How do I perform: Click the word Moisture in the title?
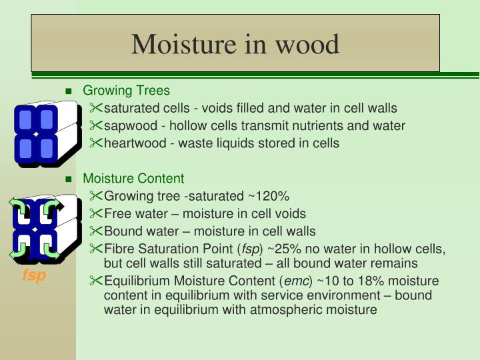tap(184, 45)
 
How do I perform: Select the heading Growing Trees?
tap(126, 91)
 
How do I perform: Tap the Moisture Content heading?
tap(133, 179)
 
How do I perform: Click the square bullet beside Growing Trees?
tap(69, 91)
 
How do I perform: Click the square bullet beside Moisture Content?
tap(69, 179)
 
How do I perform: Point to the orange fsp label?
tap(34, 275)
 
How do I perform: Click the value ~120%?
tap(269, 196)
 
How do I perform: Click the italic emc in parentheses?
tap(296, 281)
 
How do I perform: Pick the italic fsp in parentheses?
tap(251, 249)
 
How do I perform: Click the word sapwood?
tap(131, 126)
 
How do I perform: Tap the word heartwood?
tap(135, 143)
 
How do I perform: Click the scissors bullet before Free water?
tap(96, 213)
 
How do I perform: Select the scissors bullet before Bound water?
tap(96, 231)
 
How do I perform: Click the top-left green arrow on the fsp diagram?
tap(19, 206)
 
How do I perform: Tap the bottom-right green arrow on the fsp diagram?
tap(51, 251)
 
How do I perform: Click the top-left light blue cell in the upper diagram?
tap(25, 120)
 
